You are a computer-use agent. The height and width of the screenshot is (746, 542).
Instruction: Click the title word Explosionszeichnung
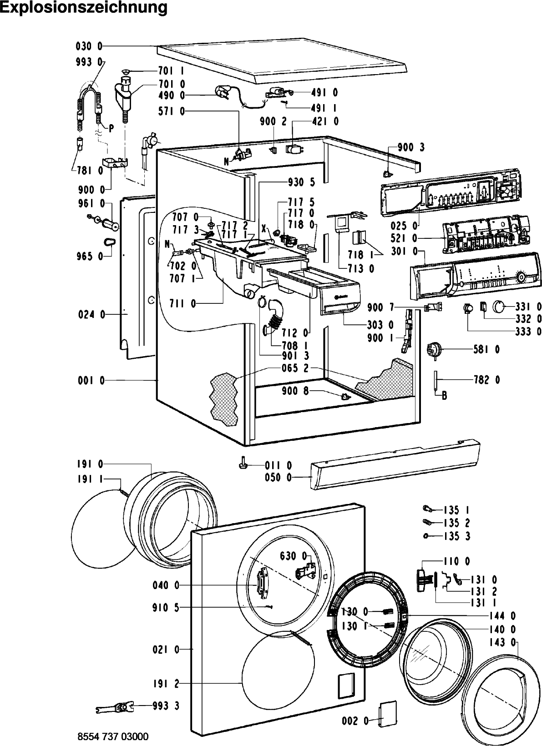pyautogui.click(x=84, y=8)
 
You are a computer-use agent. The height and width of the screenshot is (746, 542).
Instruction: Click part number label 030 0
pyautogui.click(x=89, y=46)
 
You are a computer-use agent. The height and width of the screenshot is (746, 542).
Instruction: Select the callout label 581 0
pyautogui.click(x=486, y=349)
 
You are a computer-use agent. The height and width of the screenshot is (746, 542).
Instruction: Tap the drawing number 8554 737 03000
pyautogui.click(x=113, y=736)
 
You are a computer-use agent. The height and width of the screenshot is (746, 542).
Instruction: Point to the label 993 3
pyautogui.click(x=166, y=706)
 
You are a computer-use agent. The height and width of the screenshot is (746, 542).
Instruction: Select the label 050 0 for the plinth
pyautogui.click(x=278, y=478)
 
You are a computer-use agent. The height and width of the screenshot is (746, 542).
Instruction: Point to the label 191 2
pyautogui.click(x=166, y=684)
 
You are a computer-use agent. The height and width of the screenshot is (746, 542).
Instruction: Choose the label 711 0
pyautogui.click(x=183, y=303)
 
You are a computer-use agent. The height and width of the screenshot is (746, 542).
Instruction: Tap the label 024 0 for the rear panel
pyautogui.click(x=91, y=314)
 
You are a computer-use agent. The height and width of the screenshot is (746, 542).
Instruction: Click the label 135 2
pyautogui.click(x=457, y=523)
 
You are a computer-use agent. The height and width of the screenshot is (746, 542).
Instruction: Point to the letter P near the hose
pyautogui.click(x=111, y=129)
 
